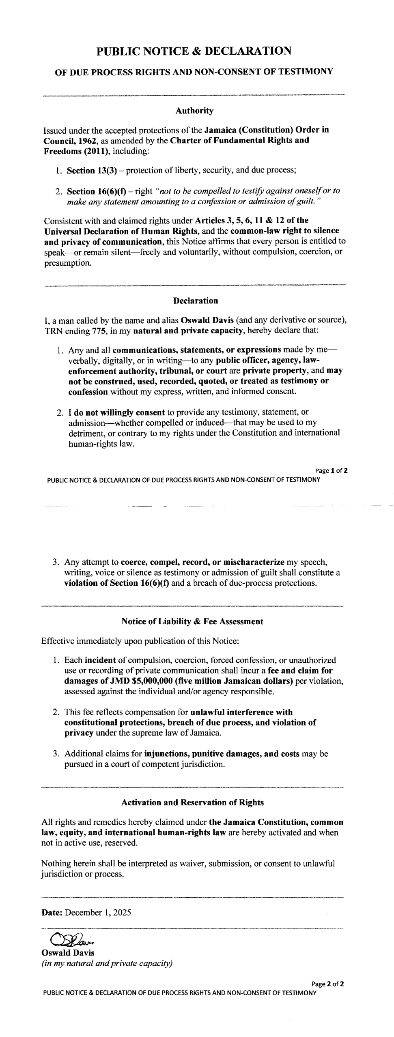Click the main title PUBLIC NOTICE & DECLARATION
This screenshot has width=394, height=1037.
[194, 51]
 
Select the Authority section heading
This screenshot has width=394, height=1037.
[194, 111]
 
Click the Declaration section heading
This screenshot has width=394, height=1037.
[195, 301]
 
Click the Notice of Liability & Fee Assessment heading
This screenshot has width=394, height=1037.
[192, 621]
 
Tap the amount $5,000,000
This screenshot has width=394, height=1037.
[125, 681]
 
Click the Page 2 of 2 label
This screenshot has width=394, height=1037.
[328, 984]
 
